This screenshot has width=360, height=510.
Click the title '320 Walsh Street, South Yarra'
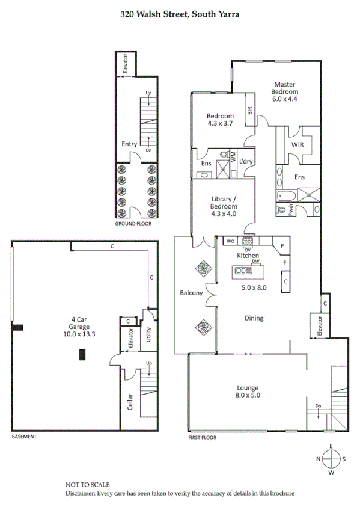pyautogui.click(x=180, y=13)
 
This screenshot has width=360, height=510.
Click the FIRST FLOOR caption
pyautogui.click(x=201, y=438)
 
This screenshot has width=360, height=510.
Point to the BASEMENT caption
pyautogui.click(x=24, y=437)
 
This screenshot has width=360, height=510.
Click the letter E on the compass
pyautogui.click(x=331, y=446)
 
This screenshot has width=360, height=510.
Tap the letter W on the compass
pyautogui.click(x=331, y=473)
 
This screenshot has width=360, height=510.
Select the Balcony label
pyautogui.click(x=191, y=293)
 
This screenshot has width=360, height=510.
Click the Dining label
pyautogui.click(x=253, y=318)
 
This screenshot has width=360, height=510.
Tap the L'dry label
pyautogui.click(x=246, y=161)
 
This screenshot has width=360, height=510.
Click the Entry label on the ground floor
pyautogui.click(x=129, y=144)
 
